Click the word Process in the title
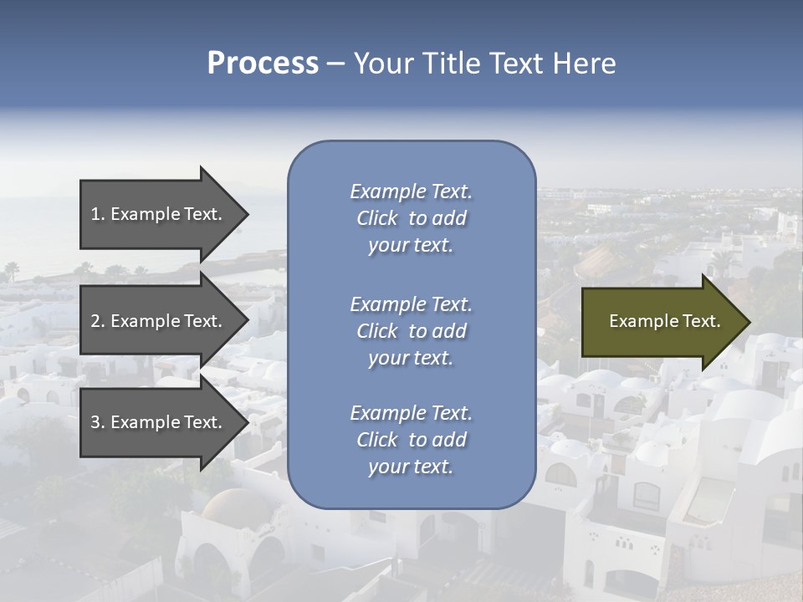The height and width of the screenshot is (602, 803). [x=263, y=63]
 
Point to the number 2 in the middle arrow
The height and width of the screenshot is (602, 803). [x=95, y=321]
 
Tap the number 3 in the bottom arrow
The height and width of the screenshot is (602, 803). [x=95, y=422]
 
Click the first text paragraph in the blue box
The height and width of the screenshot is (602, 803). [x=411, y=218]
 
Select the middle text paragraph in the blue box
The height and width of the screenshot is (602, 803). [x=411, y=331]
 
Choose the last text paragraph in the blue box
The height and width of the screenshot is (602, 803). [x=411, y=440]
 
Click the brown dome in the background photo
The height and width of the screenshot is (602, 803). [x=225, y=505]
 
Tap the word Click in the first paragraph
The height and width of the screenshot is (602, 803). [x=376, y=218]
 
